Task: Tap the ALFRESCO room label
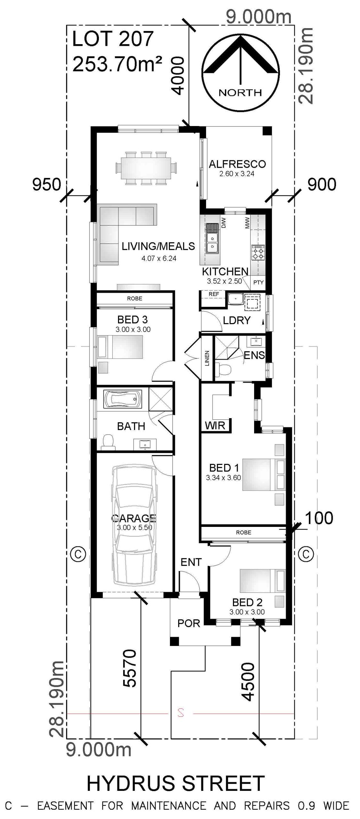click(x=237, y=164)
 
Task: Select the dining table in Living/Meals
click(x=146, y=167)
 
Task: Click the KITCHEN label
click(x=225, y=271)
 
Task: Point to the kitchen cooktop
click(x=258, y=252)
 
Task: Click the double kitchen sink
click(x=212, y=242)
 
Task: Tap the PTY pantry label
click(x=258, y=282)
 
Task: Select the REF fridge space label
click(x=214, y=294)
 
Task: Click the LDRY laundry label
click(x=236, y=320)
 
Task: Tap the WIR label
click(x=215, y=425)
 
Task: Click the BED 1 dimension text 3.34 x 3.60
click(x=223, y=478)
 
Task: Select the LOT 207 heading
click(x=113, y=39)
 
